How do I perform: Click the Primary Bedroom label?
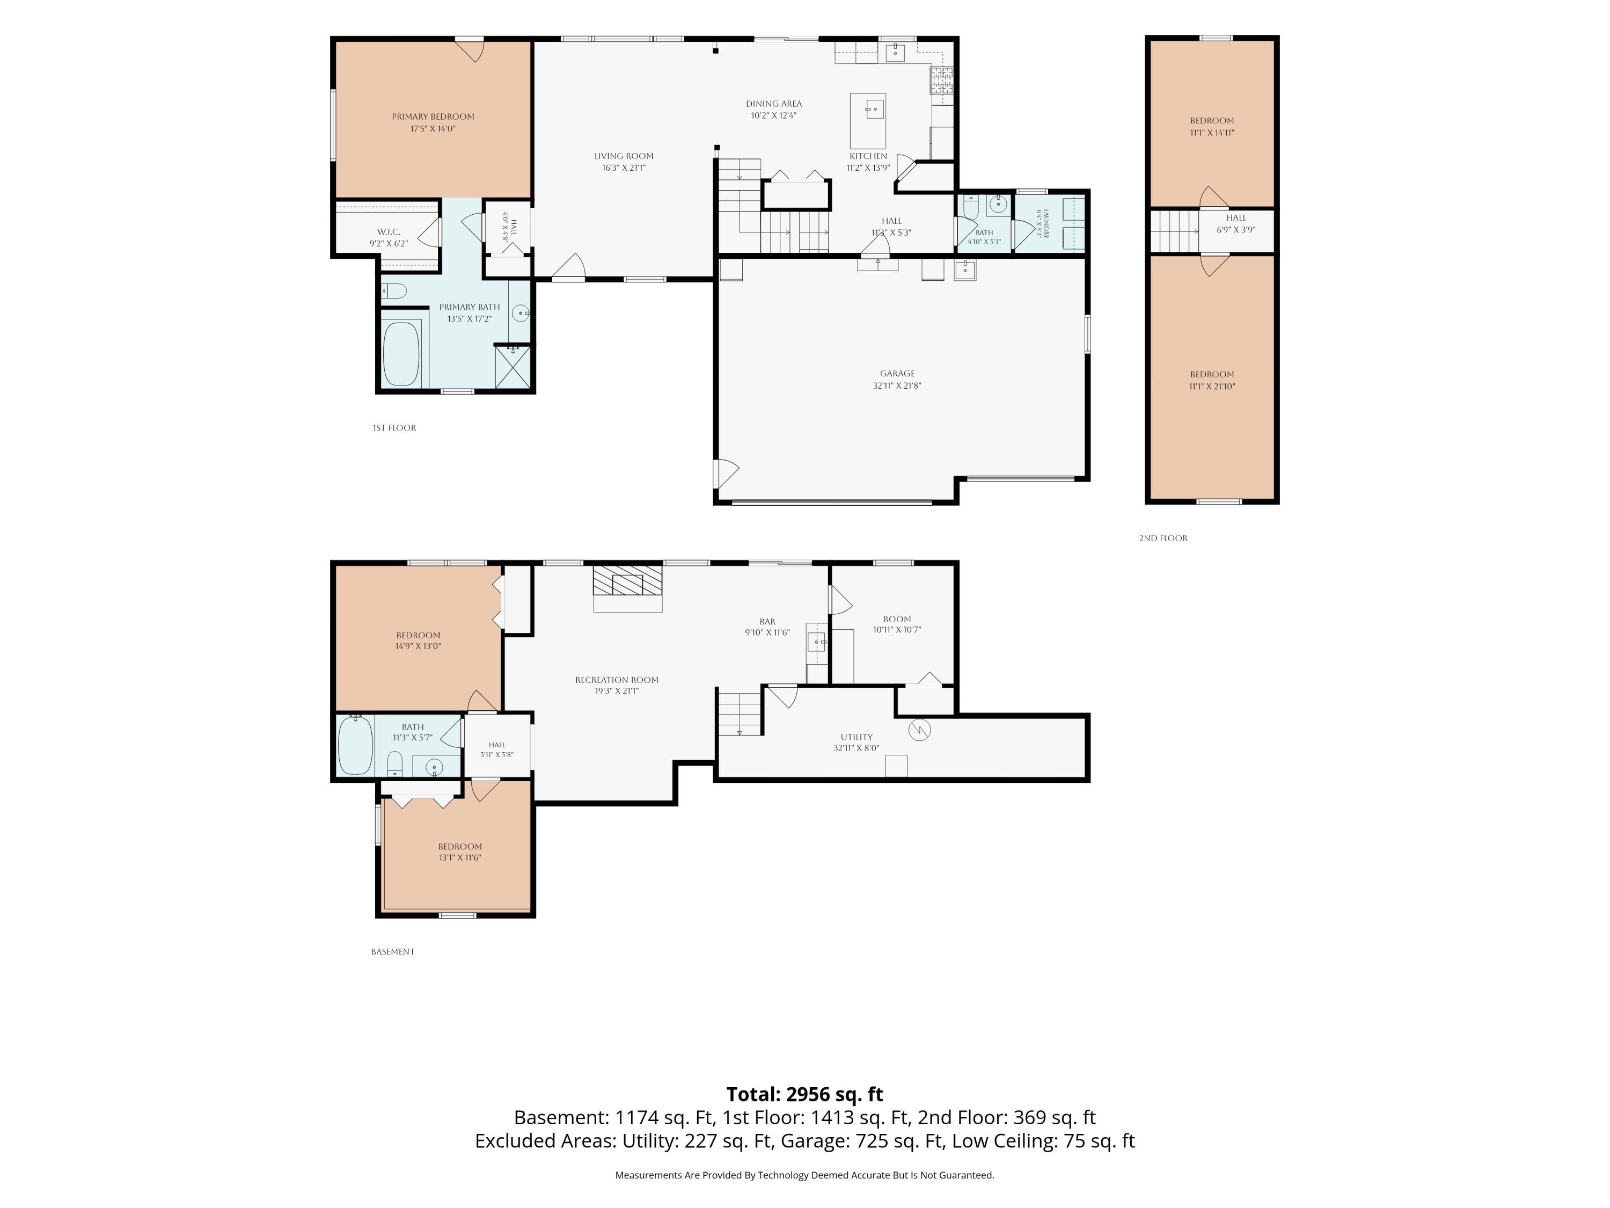[433, 117]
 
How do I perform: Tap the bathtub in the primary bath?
[401, 354]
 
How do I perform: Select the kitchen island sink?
[874, 111]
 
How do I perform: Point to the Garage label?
[897, 374]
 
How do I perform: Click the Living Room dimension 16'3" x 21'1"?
[624, 168]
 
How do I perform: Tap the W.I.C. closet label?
[389, 231]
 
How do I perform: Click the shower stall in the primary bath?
[513, 367]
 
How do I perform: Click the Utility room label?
[856, 737]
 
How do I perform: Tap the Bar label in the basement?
[767, 622]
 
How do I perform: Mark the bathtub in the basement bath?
[356, 745]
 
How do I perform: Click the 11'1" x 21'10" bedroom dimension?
[1212, 387]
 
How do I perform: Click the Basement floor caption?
[393, 952]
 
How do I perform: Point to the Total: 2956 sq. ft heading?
[804, 1094]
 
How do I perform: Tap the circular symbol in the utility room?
[920, 730]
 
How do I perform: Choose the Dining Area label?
[774, 104]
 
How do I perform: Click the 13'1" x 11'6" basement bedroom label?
[460, 858]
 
